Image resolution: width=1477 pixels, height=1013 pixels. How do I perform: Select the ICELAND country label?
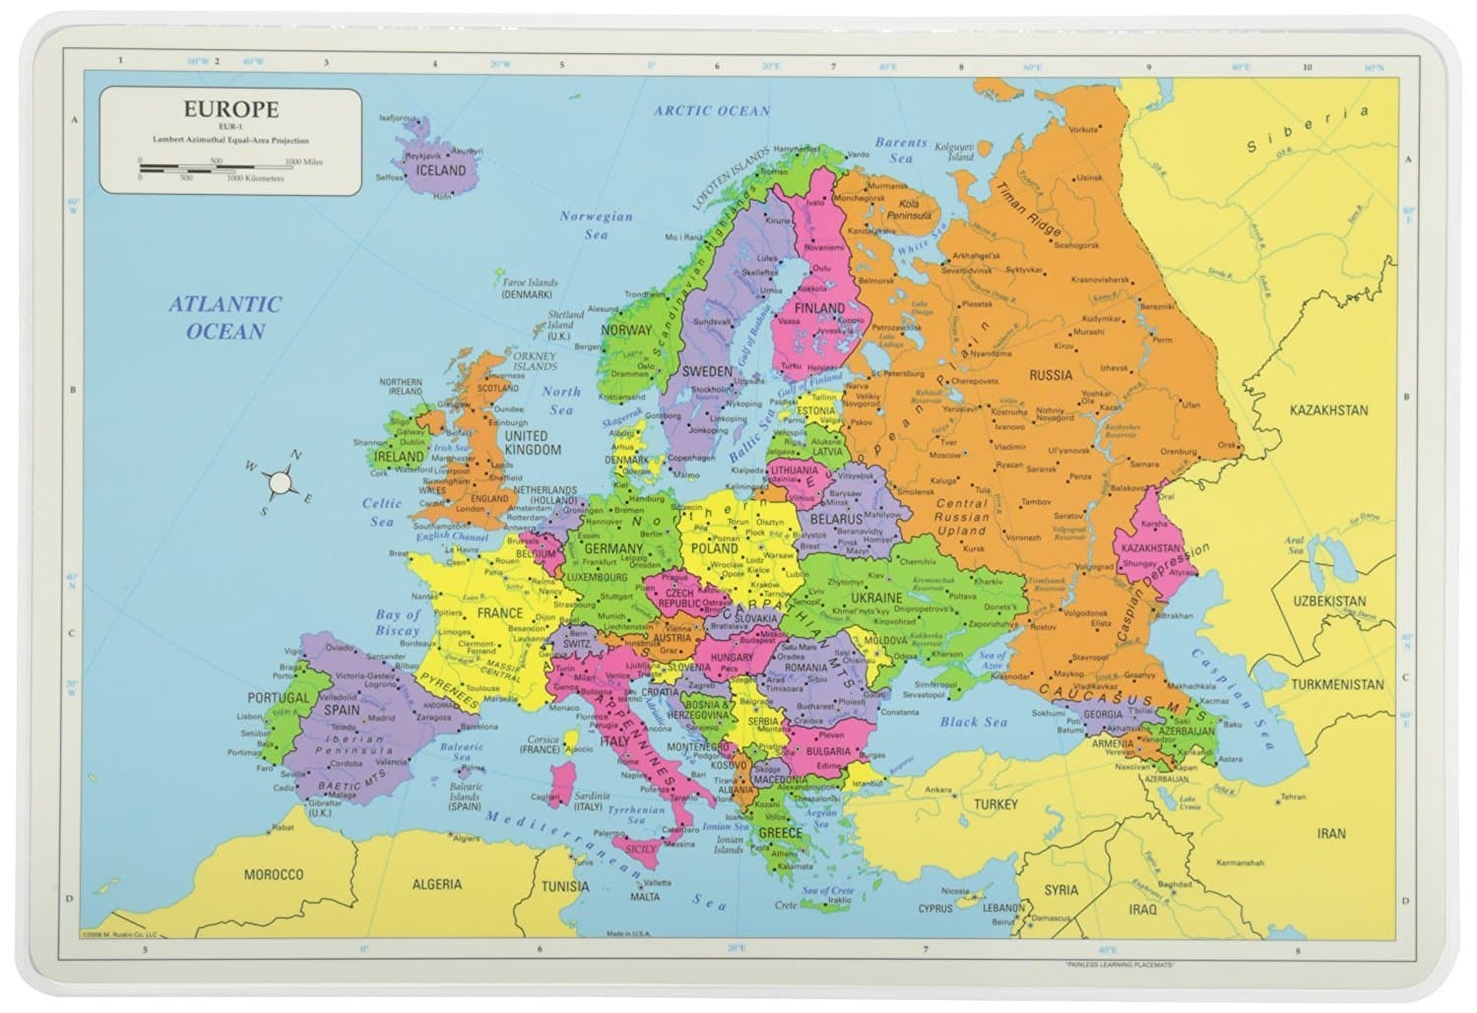pos(440,170)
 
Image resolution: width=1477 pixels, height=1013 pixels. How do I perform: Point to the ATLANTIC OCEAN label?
pos(225,317)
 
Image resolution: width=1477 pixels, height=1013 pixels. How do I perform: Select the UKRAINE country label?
pos(876,598)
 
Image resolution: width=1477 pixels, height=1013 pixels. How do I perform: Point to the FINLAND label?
pos(819,308)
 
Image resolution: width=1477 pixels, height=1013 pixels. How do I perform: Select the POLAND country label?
pos(713,547)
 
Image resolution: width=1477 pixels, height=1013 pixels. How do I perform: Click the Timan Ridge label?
pos(1027,211)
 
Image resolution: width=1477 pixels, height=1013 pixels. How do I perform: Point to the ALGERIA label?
pos(436,884)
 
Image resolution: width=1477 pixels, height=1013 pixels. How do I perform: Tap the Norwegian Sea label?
pos(596,224)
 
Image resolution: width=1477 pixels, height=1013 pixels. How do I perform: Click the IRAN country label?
pos(1331,833)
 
